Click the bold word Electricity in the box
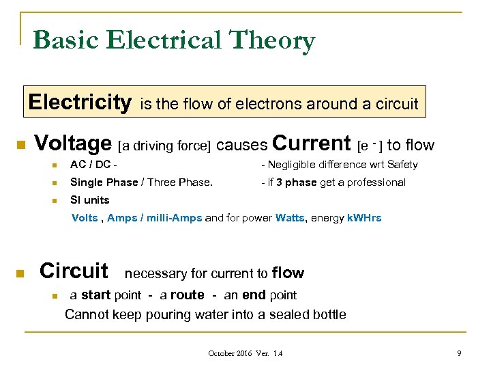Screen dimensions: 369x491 click(80, 102)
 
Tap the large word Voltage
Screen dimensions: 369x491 click(73, 143)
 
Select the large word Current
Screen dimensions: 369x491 click(311, 143)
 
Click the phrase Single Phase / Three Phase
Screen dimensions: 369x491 click(141, 182)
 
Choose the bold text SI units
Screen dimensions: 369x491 click(90, 200)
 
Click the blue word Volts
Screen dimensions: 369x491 click(85, 219)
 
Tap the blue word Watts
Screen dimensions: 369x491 click(291, 219)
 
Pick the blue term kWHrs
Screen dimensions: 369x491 click(364, 219)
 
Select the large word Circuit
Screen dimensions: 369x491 click(74, 271)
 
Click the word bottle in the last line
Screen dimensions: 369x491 click(328, 315)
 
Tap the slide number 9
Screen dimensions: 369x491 click(459, 353)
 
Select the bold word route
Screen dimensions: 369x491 click(187, 295)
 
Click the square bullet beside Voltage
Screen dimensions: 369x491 click(20, 146)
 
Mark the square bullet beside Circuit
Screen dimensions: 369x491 click(20, 274)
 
